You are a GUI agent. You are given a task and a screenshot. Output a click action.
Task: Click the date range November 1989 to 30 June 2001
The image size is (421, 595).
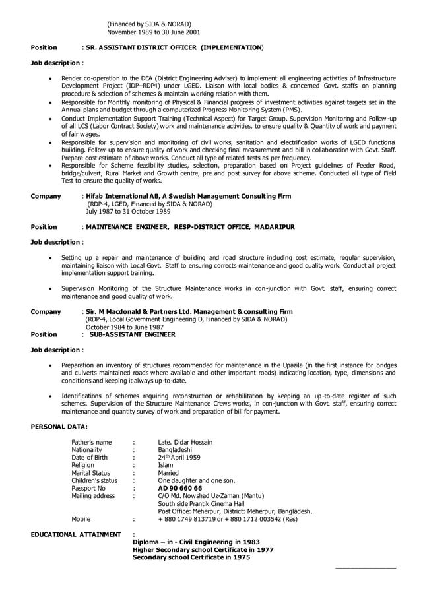(x=154, y=32)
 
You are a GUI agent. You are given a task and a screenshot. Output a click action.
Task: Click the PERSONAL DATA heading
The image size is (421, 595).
(x=59, y=427)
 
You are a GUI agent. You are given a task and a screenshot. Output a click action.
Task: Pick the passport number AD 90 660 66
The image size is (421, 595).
(x=180, y=488)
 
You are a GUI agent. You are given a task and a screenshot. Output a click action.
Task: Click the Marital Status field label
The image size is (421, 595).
(x=90, y=473)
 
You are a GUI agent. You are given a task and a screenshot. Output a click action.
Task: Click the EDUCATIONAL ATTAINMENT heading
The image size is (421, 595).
(x=77, y=534)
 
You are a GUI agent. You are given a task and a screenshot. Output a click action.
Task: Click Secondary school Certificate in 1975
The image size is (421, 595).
(x=191, y=557)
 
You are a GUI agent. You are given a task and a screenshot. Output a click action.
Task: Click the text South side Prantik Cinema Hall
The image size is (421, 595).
(x=201, y=503)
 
